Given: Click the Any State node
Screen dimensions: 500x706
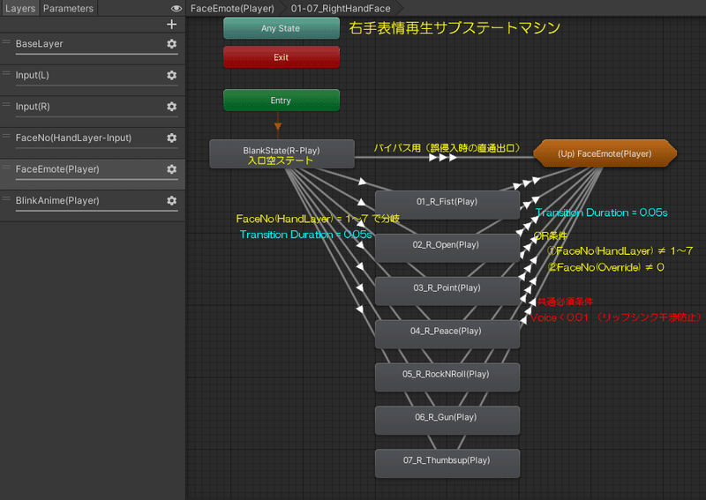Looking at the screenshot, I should click(x=281, y=28).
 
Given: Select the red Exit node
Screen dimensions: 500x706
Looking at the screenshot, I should click(x=281, y=57).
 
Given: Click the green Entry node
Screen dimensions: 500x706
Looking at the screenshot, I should click(x=281, y=101).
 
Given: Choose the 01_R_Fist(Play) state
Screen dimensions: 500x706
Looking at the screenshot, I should click(x=447, y=203).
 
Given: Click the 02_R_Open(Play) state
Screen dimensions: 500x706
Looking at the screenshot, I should click(x=447, y=245).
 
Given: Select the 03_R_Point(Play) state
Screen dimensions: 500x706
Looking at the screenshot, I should click(x=447, y=288).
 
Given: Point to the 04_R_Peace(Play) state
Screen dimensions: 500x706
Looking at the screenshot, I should click(x=447, y=332).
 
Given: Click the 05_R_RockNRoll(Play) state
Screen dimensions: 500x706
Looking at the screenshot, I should click(x=447, y=375).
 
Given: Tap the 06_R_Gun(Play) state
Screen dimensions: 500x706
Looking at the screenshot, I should click(x=447, y=418).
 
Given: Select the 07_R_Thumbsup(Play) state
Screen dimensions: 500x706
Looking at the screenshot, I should click(x=447, y=461).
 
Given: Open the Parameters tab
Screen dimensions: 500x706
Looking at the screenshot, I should click(x=68, y=8).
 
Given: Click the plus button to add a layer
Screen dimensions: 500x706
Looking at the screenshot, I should click(x=171, y=25).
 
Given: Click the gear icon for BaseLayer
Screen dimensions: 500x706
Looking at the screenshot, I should click(x=171, y=44).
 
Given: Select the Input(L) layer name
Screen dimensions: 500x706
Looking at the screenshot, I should click(x=33, y=75).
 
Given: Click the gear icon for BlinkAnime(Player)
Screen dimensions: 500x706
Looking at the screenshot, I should click(x=171, y=201).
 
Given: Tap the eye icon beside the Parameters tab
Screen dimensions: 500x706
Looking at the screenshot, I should click(x=176, y=8).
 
